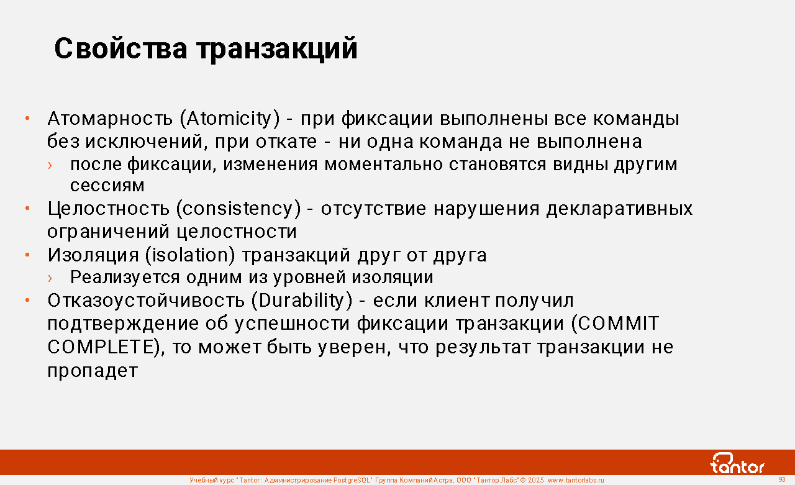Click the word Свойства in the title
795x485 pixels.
(x=120, y=48)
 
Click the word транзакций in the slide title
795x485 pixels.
(x=277, y=50)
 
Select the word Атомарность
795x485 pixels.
(x=110, y=119)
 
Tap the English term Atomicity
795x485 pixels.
(x=230, y=119)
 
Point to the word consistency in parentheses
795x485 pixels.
(x=238, y=208)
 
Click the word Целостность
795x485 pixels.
(x=108, y=209)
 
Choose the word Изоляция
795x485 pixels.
(x=93, y=255)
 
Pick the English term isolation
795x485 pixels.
(x=190, y=255)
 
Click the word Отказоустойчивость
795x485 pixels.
(x=146, y=301)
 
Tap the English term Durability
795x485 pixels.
(x=302, y=301)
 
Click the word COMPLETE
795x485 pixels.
(x=101, y=347)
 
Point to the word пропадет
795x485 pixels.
(x=93, y=371)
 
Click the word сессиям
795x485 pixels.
(x=107, y=186)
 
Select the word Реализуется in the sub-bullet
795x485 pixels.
(x=125, y=278)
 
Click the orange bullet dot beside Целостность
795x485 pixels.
(x=27, y=209)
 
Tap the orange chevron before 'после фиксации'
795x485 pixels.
(x=50, y=165)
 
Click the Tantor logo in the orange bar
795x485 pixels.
(x=737, y=463)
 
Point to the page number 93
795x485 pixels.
(x=782, y=479)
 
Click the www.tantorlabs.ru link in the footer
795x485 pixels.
(x=576, y=480)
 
